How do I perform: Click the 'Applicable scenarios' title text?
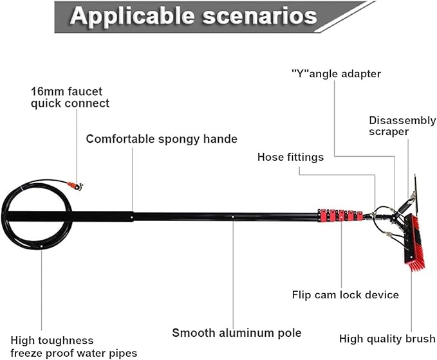(x=193, y=16)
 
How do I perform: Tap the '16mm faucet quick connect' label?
(x=70, y=97)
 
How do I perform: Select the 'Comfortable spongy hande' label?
(x=162, y=139)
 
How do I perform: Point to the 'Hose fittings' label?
(x=290, y=157)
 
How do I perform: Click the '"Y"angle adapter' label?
(x=336, y=74)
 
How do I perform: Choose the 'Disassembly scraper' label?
(x=402, y=126)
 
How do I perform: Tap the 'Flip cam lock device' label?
(x=346, y=294)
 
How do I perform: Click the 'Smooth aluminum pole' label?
(x=237, y=333)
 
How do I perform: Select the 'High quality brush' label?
(x=387, y=339)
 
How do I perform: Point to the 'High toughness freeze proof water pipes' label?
(x=74, y=346)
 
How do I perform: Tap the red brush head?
(x=414, y=242)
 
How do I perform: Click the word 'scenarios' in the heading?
(x=260, y=16)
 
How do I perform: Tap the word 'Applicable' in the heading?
(x=132, y=16)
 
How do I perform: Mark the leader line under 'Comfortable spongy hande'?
(x=133, y=179)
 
